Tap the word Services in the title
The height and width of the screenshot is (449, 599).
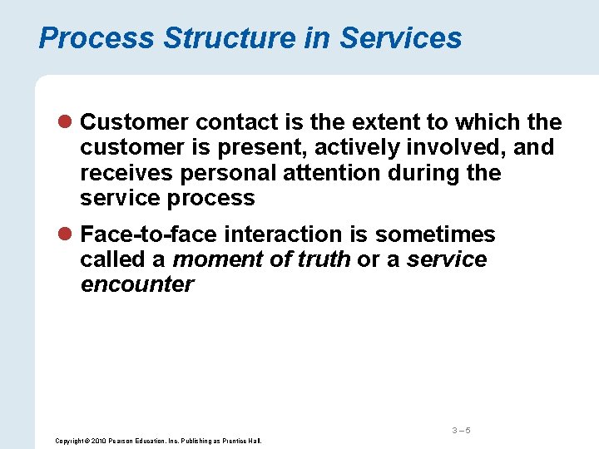[x=401, y=38]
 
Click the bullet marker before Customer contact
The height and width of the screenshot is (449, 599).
[x=67, y=123]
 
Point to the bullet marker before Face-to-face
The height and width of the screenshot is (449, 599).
[x=67, y=235]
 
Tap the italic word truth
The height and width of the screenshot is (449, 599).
[x=322, y=259]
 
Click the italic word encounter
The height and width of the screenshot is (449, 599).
[x=137, y=284]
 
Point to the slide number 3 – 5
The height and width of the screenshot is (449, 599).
[x=462, y=430]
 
